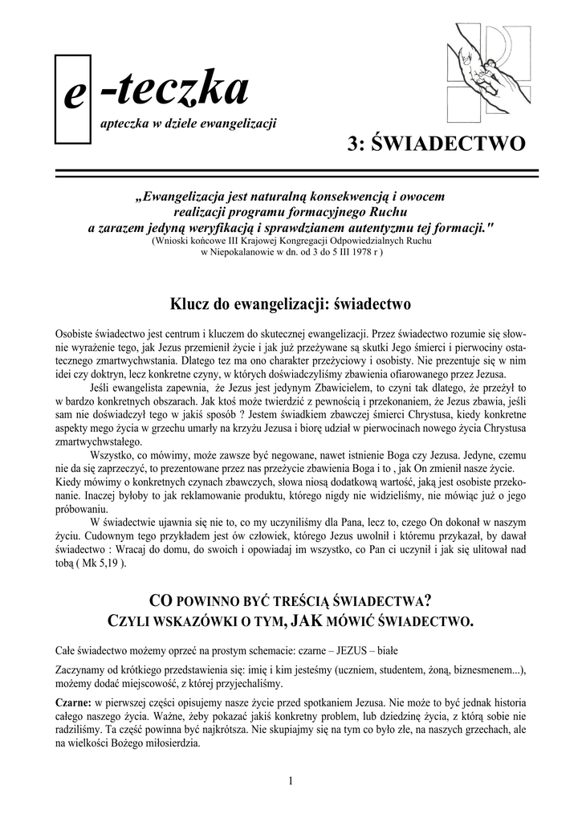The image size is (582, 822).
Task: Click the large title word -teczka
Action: click(x=173, y=90)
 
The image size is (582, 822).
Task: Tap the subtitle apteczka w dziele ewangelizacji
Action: click(x=188, y=124)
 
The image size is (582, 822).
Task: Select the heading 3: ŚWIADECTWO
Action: click(x=437, y=144)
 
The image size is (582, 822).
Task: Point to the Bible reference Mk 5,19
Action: click(x=100, y=564)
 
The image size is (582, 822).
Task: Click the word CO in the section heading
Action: click(x=160, y=600)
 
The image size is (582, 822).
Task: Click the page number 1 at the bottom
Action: click(x=291, y=781)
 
